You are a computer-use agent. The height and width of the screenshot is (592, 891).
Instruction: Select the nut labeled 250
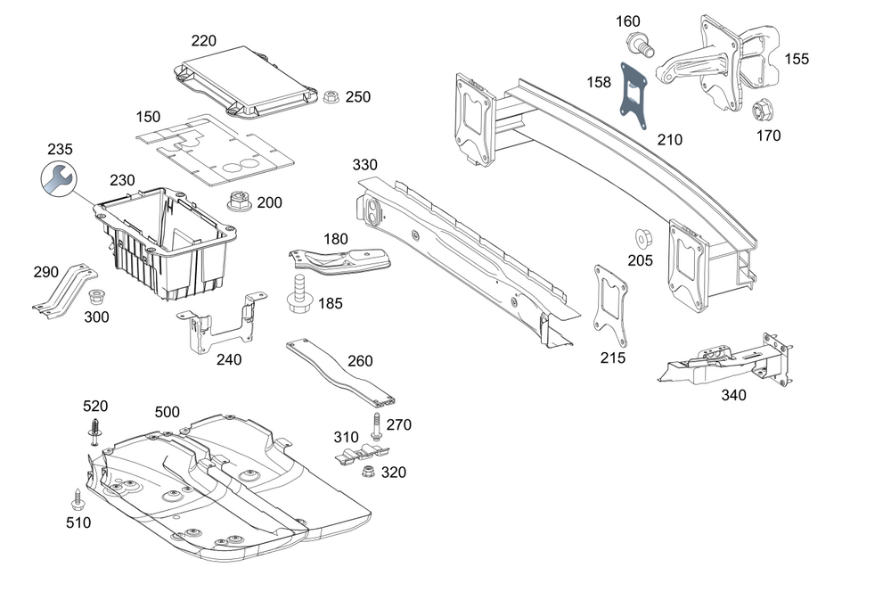coord(329,96)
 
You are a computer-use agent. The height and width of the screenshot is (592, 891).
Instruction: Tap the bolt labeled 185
coord(298,295)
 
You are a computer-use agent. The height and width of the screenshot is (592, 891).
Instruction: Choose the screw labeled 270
coord(377,426)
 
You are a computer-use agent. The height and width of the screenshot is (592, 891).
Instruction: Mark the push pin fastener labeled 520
coord(94,432)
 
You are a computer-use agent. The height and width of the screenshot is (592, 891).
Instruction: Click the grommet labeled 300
coord(98,296)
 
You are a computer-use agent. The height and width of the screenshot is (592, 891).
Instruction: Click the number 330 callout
coord(365,165)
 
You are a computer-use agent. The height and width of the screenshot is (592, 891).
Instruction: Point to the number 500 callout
coord(167,412)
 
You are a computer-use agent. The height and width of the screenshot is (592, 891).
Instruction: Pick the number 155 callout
coord(797,59)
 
